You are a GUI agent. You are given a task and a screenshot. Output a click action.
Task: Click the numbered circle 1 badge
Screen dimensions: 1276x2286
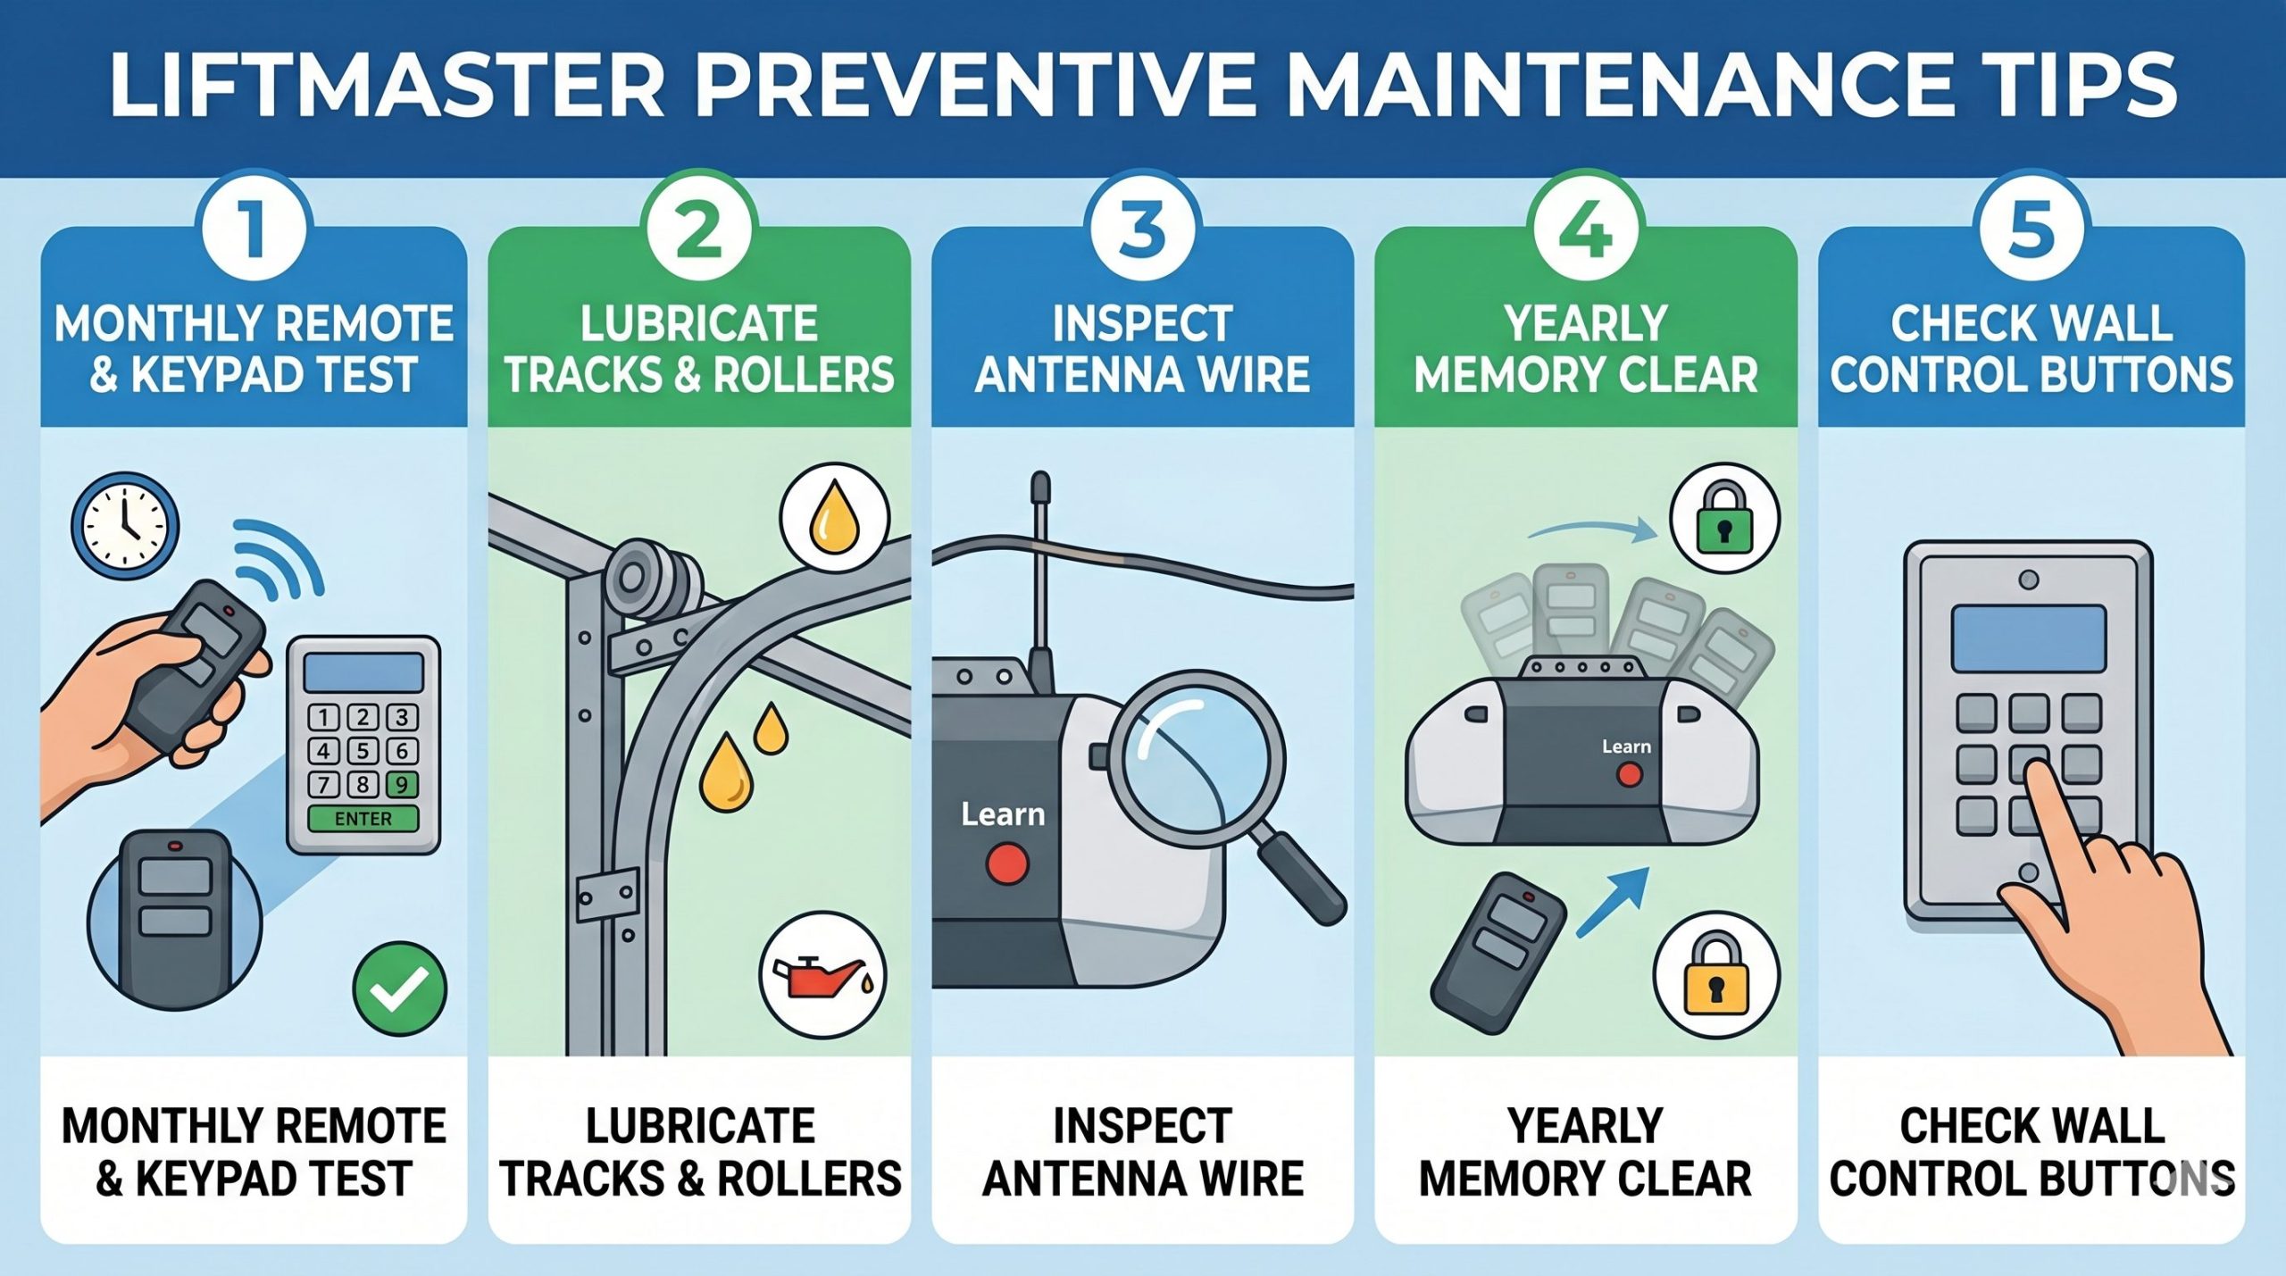tap(254, 229)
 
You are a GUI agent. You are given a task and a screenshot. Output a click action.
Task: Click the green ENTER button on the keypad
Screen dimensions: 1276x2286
tap(363, 819)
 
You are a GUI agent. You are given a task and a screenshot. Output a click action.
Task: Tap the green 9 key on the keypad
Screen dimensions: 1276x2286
tap(402, 785)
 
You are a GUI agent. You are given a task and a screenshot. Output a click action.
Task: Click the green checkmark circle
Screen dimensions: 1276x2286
tap(399, 988)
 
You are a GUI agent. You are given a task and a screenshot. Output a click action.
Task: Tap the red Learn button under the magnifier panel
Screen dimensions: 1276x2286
tap(1007, 864)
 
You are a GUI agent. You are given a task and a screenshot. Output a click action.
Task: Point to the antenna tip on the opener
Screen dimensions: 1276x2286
tap(1039, 487)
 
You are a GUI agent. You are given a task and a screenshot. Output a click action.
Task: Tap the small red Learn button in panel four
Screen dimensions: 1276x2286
tap(1629, 774)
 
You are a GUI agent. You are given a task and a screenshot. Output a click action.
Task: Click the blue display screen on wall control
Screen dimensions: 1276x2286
tap(2028, 638)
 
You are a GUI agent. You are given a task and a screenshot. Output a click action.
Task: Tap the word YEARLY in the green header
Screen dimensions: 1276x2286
tap(1585, 323)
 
